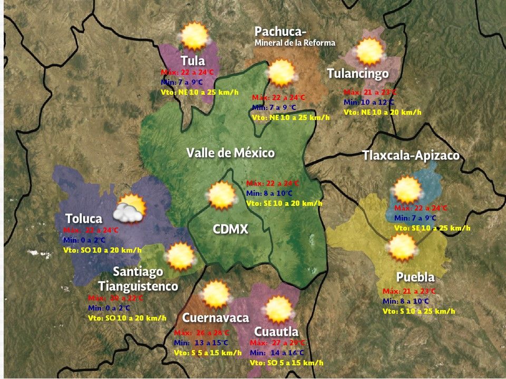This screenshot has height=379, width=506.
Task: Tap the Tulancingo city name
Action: [x=358, y=74]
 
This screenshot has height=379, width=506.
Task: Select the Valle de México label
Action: [x=230, y=153]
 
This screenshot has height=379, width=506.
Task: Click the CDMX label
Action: [x=230, y=229]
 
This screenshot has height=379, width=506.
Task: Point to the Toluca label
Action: [x=83, y=218]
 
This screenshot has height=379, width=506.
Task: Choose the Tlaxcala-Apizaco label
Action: [x=411, y=156]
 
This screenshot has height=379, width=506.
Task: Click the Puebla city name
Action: [x=415, y=277]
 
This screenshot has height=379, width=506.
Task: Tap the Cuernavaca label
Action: [x=215, y=318]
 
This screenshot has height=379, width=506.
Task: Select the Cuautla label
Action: [x=276, y=332]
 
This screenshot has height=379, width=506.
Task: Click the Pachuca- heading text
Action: [x=280, y=32]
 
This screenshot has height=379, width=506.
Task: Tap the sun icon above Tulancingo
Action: [x=369, y=52]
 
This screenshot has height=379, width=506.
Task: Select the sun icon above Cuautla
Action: [x=278, y=310]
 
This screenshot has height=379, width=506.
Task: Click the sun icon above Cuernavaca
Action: [x=215, y=294]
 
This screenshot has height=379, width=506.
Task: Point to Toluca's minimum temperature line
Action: [x=84, y=240]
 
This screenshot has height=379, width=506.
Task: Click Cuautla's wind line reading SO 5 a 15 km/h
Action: [x=286, y=363]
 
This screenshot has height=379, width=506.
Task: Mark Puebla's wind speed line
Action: [x=419, y=311]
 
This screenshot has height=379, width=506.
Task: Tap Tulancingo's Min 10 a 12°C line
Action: [x=369, y=102]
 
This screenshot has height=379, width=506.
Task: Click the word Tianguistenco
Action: [x=138, y=287]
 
